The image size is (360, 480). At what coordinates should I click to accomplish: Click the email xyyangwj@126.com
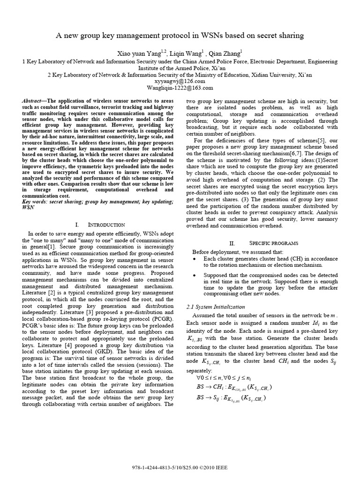[x=180, y=81]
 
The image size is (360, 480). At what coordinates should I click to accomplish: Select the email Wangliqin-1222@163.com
[x=180, y=87]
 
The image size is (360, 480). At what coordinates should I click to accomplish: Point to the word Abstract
[x=33, y=101]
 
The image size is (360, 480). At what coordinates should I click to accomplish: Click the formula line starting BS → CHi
[x=234, y=387]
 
